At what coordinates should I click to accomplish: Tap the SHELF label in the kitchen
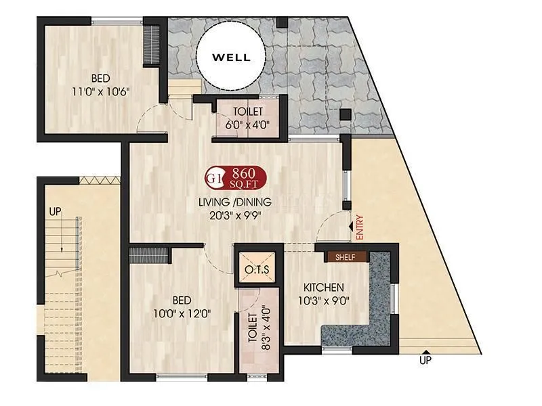coord(346,257)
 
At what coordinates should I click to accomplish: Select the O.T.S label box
coord(257,270)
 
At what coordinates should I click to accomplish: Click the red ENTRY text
coord(359,227)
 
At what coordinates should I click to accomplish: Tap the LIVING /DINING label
coord(234,202)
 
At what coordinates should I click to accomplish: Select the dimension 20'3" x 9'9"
coord(234,216)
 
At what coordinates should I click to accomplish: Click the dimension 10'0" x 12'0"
coord(181,313)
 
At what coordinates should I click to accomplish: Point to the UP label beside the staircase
coord(55,212)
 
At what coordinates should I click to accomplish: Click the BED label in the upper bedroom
coord(102,77)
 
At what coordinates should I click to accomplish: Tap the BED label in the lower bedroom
coord(181,300)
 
